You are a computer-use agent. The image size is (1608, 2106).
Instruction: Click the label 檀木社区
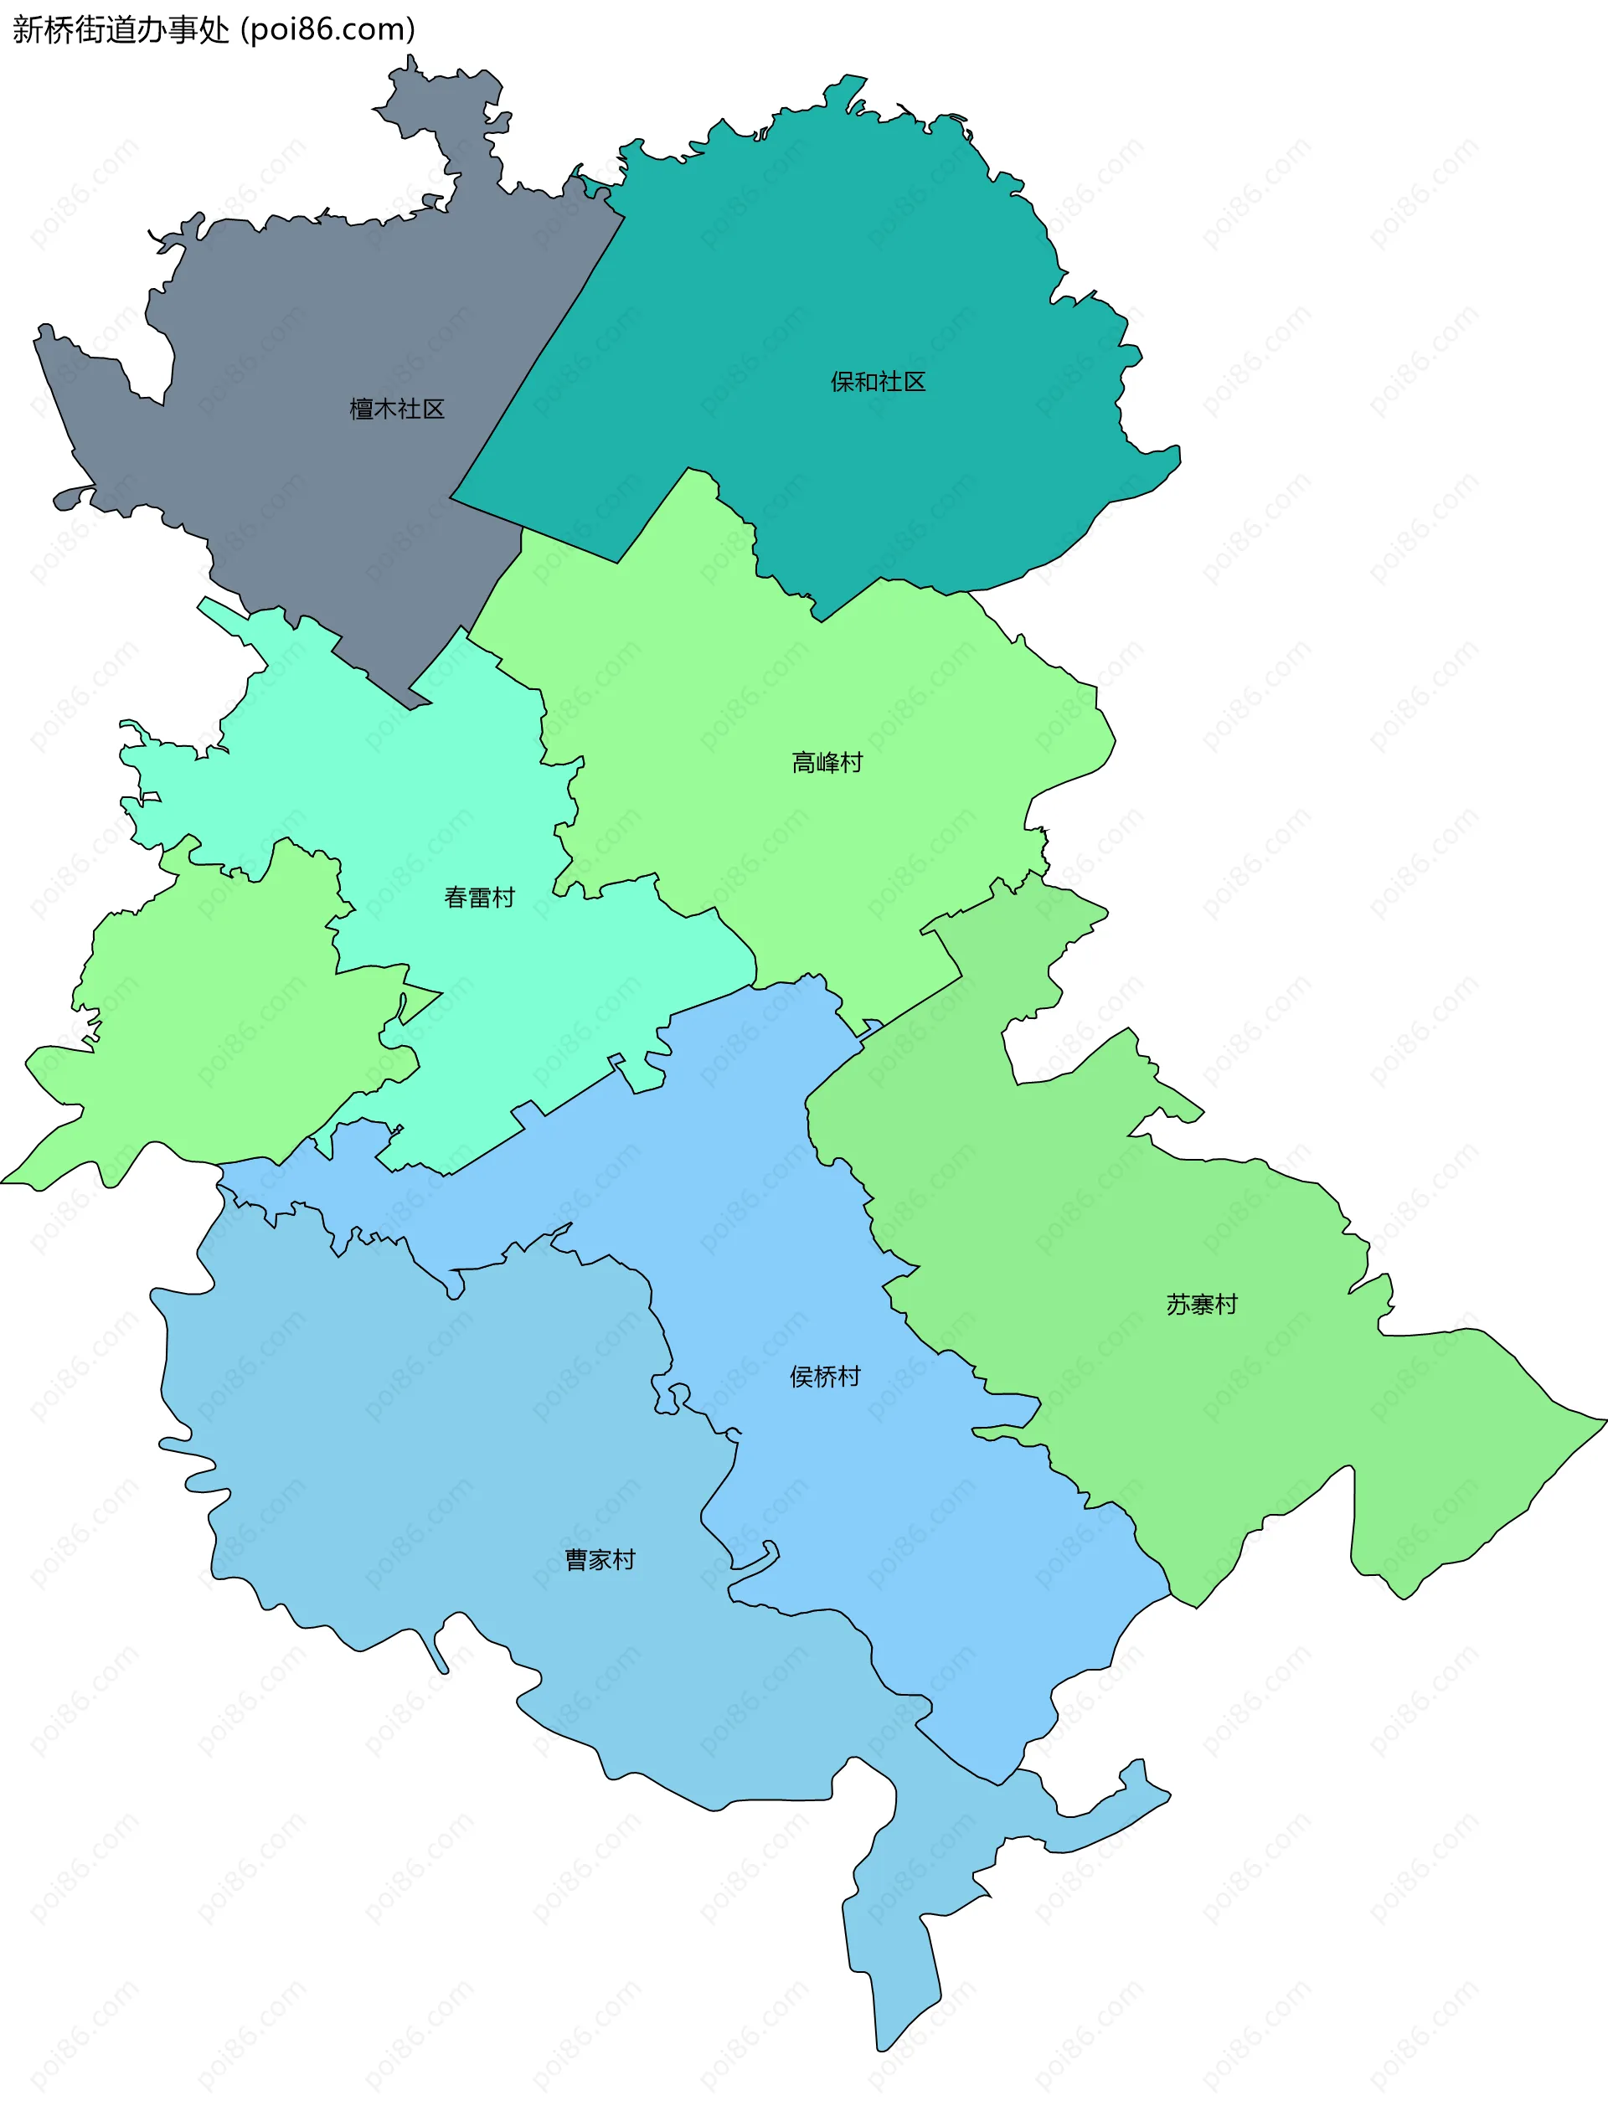pos(396,409)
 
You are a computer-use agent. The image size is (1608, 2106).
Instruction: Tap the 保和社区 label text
pos(878,382)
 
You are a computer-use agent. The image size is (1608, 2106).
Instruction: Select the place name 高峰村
pos(827,763)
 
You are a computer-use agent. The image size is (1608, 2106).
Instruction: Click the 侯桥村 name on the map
pos(824,1376)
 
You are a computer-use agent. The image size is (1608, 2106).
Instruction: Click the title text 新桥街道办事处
pos(121,29)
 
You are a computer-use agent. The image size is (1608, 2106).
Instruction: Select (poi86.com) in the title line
pos(328,29)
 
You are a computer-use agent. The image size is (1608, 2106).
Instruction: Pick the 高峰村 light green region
pos(862,861)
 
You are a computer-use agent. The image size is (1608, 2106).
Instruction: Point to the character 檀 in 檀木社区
pos(361,409)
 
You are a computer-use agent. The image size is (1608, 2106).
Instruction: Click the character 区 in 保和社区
pos(914,382)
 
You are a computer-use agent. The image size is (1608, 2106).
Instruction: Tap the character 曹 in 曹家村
pos(576,1560)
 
